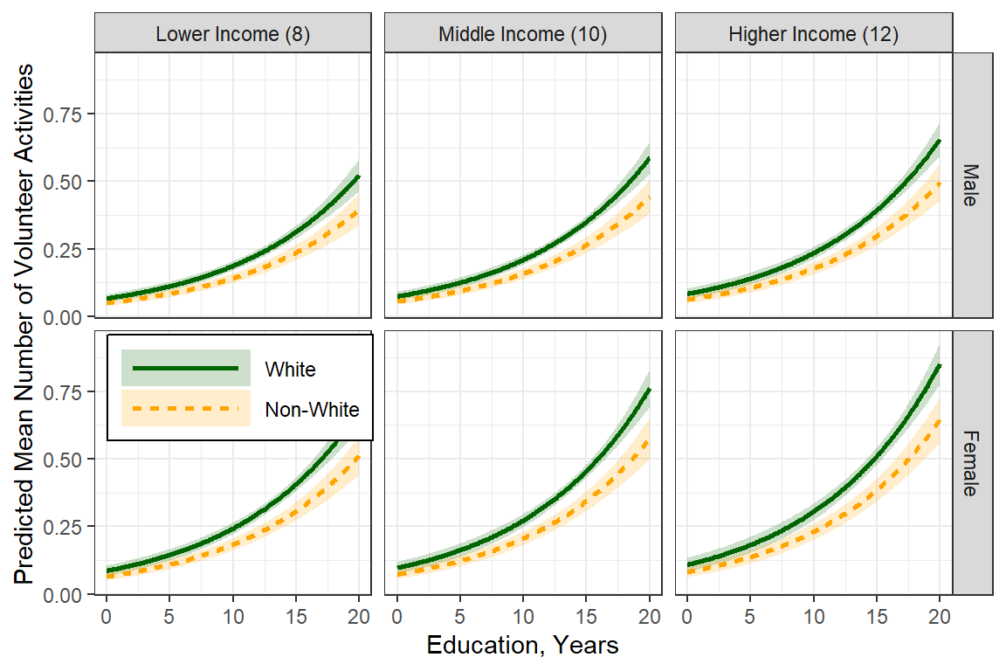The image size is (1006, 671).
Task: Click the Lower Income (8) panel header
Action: tap(232, 35)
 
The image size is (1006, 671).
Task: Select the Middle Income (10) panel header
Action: tap(522, 35)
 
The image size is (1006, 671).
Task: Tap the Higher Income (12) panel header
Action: tap(812, 35)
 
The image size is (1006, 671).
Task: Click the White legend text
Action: tap(291, 370)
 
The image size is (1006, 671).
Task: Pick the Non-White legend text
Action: tap(313, 409)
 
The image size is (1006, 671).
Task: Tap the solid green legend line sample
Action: tap(186, 369)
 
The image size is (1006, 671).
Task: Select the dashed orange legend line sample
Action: tap(186, 408)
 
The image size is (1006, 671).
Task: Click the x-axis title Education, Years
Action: tap(522, 646)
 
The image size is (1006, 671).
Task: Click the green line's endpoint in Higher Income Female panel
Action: tap(940, 365)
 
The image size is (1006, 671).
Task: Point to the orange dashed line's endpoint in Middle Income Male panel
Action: tap(650, 197)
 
